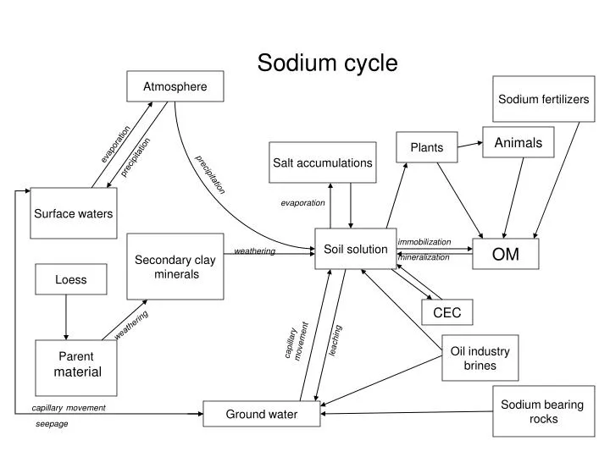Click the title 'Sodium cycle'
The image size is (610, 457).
tap(327, 63)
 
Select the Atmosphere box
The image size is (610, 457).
tap(175, 86)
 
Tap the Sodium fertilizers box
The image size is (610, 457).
tap(543, 99)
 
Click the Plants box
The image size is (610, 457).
tap(426, 147)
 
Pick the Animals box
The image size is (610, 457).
tap(518, 142)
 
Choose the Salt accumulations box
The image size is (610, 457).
tap(322, 162)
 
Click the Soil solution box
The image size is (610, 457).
tap(355, 249)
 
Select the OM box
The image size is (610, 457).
tap(506, 253)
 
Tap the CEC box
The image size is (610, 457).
tap(446, 312)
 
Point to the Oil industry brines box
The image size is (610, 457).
tap(479, 358)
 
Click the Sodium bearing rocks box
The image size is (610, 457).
tap(542, 411)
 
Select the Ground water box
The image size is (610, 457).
tap(261, 414)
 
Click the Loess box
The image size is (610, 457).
tap(70, 279)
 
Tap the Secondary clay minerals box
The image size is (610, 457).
tap(175, 267)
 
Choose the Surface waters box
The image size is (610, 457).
tap(73, 213)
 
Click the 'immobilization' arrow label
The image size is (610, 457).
tap(424, 242)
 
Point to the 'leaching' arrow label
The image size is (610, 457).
tap(335, 339)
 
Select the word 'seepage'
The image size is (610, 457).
tap(52, 424)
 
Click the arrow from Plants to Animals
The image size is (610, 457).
tap(469, 146)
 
